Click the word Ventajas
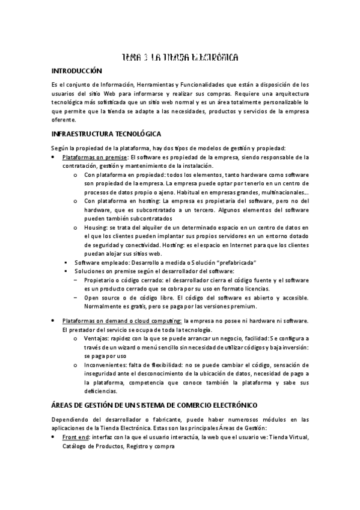97,339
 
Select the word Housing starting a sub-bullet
95,228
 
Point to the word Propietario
102,280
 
